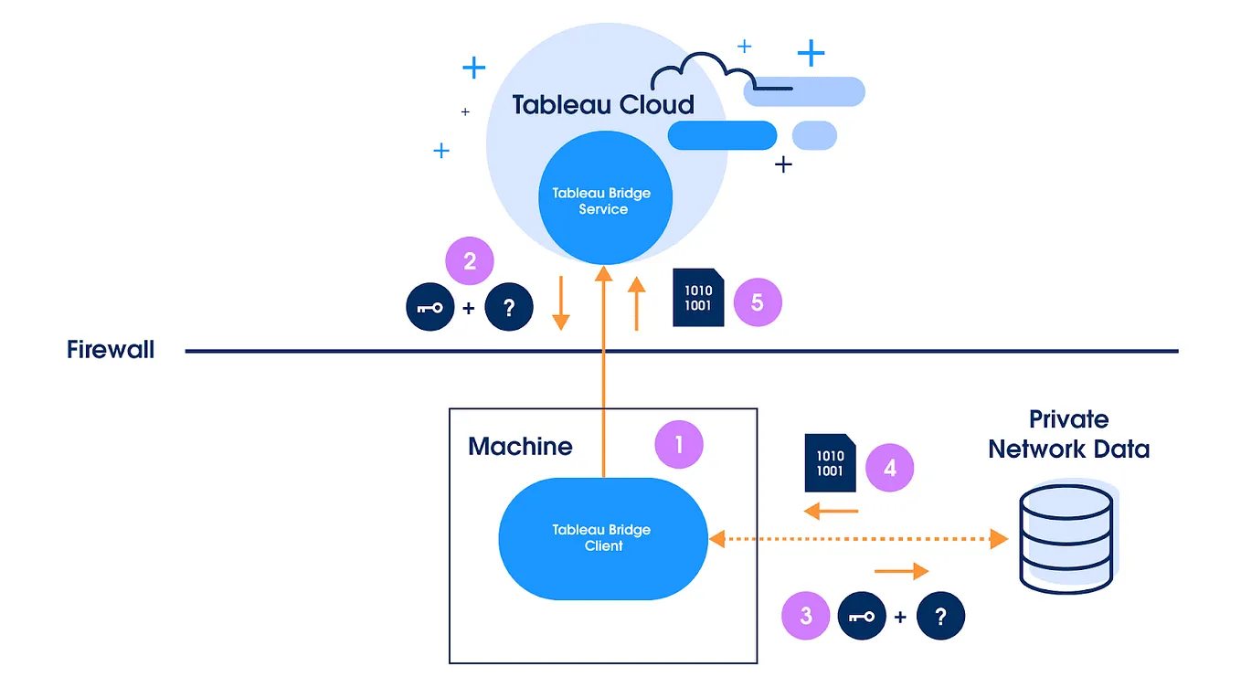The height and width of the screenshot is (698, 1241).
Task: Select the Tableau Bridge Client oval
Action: click(x=603, y=538)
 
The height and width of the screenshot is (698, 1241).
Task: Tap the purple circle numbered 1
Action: click(x=679, y=445)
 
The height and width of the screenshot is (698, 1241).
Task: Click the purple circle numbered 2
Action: click(x=470, y=261)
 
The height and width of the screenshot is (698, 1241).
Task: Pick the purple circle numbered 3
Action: click(x=806, y=616)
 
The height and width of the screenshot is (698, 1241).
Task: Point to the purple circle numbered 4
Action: click(x=889, y=469)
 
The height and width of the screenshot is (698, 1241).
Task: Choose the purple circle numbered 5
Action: click(x=757, y=302)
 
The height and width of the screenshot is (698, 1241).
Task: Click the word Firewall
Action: click(x=111, y=350)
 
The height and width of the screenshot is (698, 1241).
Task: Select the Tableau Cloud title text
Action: click(x=603, y=104)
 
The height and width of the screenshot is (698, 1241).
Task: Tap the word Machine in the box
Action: click(x=520, y=447)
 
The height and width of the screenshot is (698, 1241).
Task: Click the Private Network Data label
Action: click(x=1068, y=434)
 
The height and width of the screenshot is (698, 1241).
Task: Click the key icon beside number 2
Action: click(x=430, y=309)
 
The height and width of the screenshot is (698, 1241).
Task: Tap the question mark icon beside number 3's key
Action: click(x=940, y=617)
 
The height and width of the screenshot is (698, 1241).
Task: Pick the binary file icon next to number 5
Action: click(x=698, y=298)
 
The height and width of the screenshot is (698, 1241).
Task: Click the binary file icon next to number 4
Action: click(x=830, y=462)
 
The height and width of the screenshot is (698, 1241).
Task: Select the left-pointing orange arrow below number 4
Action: click(x=831, y=511)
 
